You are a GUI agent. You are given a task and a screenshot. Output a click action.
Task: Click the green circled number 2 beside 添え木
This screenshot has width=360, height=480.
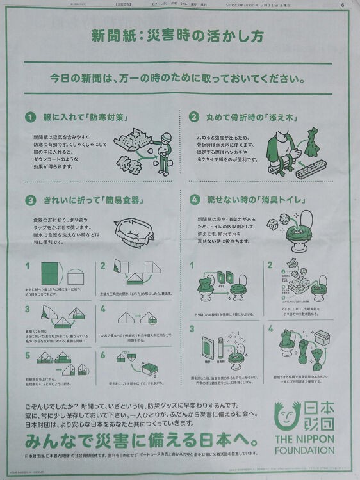pyautogui.click(x=193, y=117)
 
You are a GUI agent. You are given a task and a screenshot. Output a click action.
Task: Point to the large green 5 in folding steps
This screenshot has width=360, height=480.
pyautogui.click(x=28, y=356)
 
